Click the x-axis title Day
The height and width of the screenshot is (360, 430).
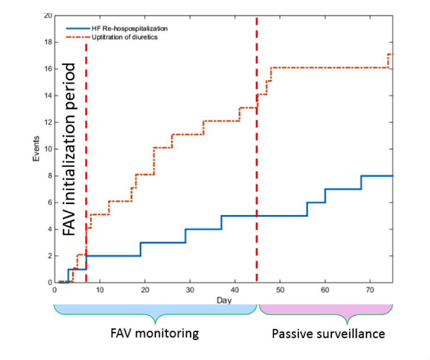[x=223, y=299]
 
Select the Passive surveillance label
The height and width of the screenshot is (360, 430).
[x=328, y=334]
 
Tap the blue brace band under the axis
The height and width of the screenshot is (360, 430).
[x=155, y=309]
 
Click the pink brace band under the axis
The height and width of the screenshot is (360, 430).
[x=325, y=309]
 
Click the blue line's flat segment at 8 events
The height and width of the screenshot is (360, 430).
[x=377, y=176]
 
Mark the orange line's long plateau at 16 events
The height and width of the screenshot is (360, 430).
[x=328, y=68]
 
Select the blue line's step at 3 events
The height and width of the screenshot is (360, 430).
[x=163, y=243]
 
